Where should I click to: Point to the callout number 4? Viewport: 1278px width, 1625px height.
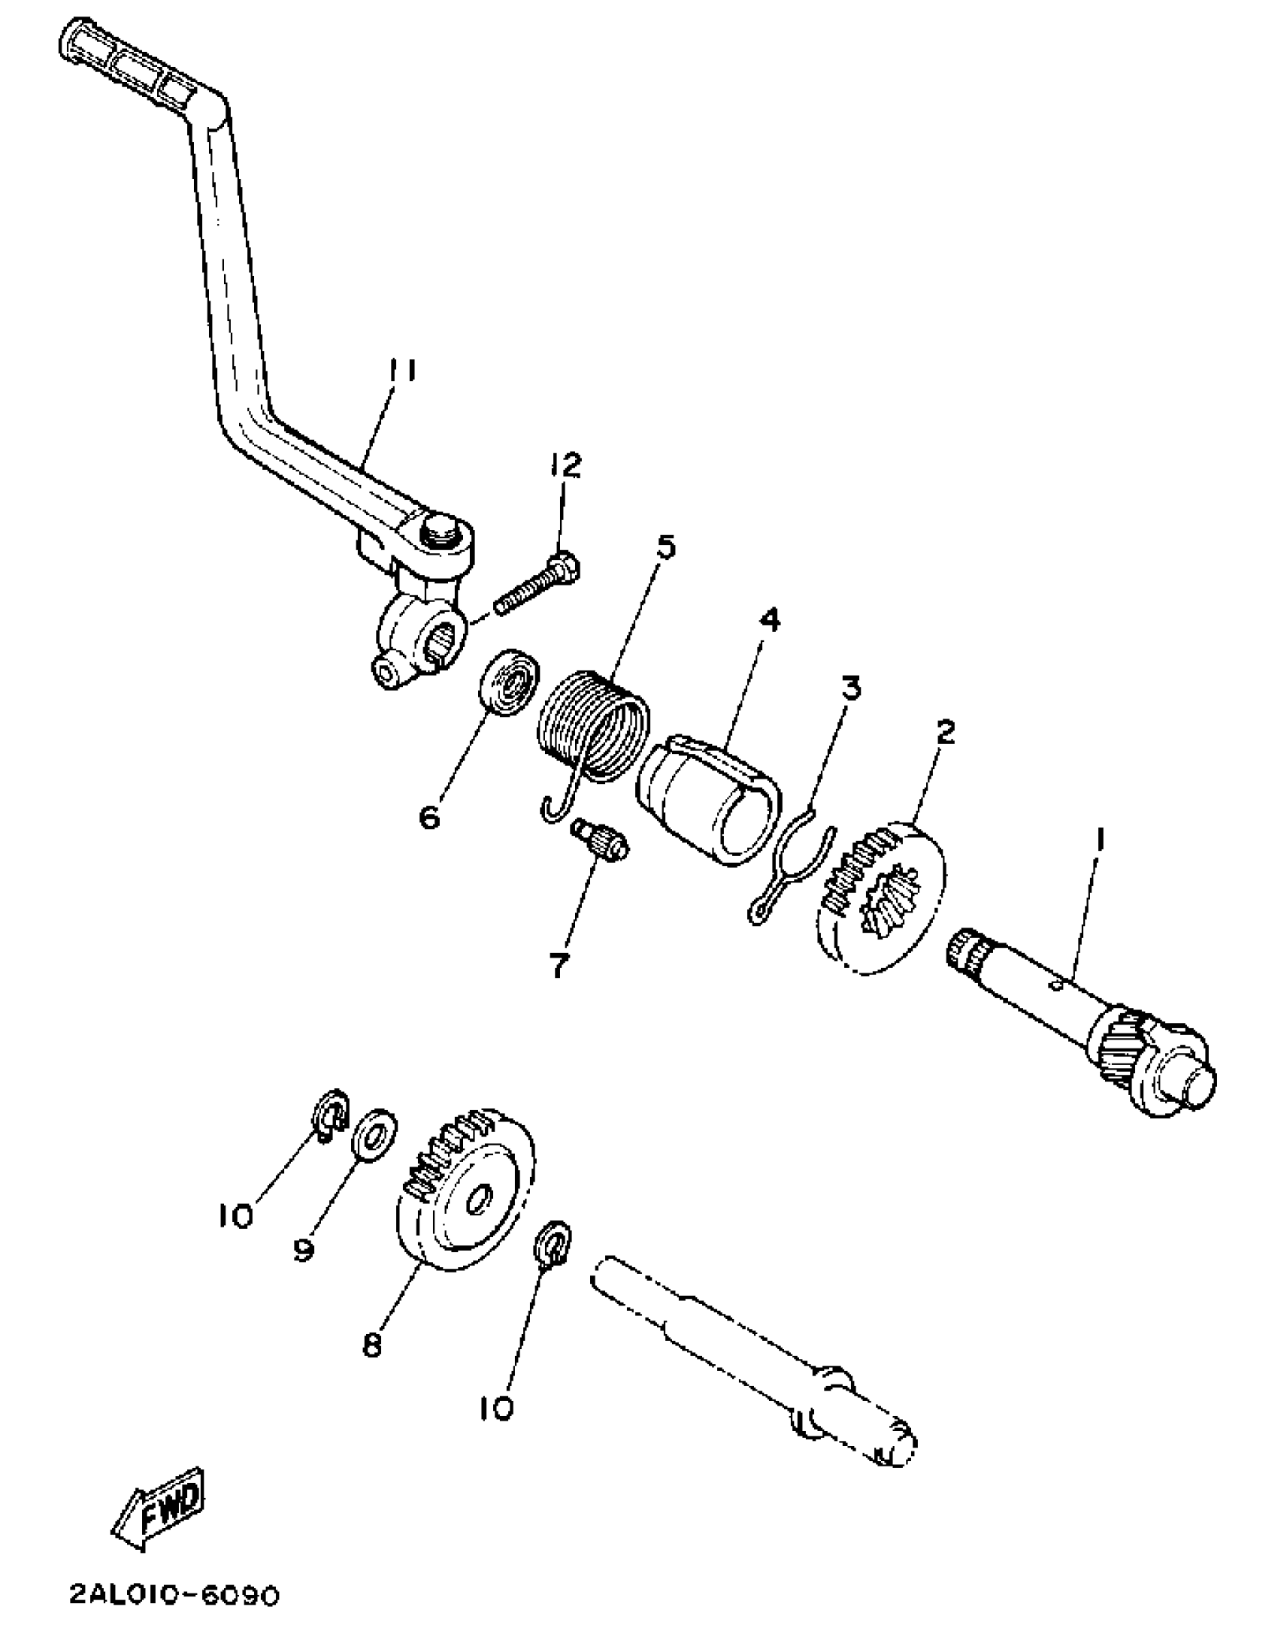pos(769,620)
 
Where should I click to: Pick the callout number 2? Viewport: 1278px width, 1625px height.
pos(944,731)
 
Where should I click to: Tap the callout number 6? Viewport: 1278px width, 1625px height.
pos(429,817)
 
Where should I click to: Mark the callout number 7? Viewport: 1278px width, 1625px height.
pos(557,967)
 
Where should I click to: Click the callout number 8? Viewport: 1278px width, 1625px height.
pos(372,1345)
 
